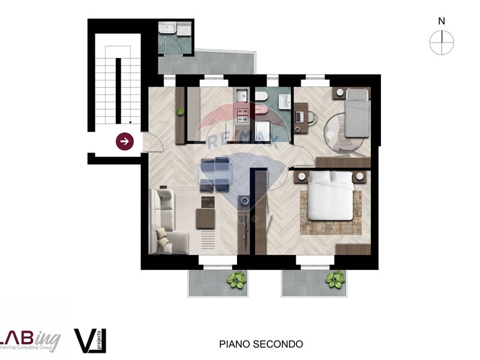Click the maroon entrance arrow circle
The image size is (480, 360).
tap(125, 142)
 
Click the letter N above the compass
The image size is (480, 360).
tap(442, 21)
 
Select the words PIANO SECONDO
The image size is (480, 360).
tap(261, 344)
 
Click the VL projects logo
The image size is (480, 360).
tap(90, 340)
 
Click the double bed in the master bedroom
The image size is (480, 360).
tap(330, 195)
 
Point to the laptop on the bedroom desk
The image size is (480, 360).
tap(299, 115)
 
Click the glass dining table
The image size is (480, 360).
tap(215, 174)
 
